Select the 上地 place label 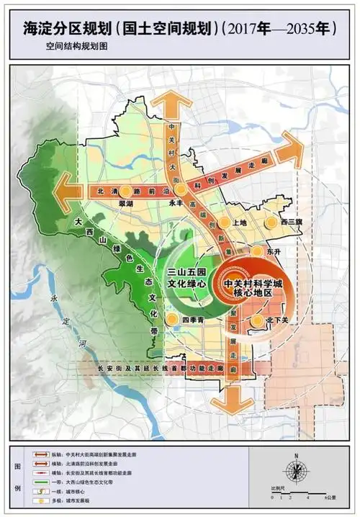(x=240, y=222)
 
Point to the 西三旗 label (x=292, y=222)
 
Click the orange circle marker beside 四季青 (x=172, y=318)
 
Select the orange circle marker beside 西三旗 (x=271, y=222)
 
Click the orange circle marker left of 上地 (x=224, y=222)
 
